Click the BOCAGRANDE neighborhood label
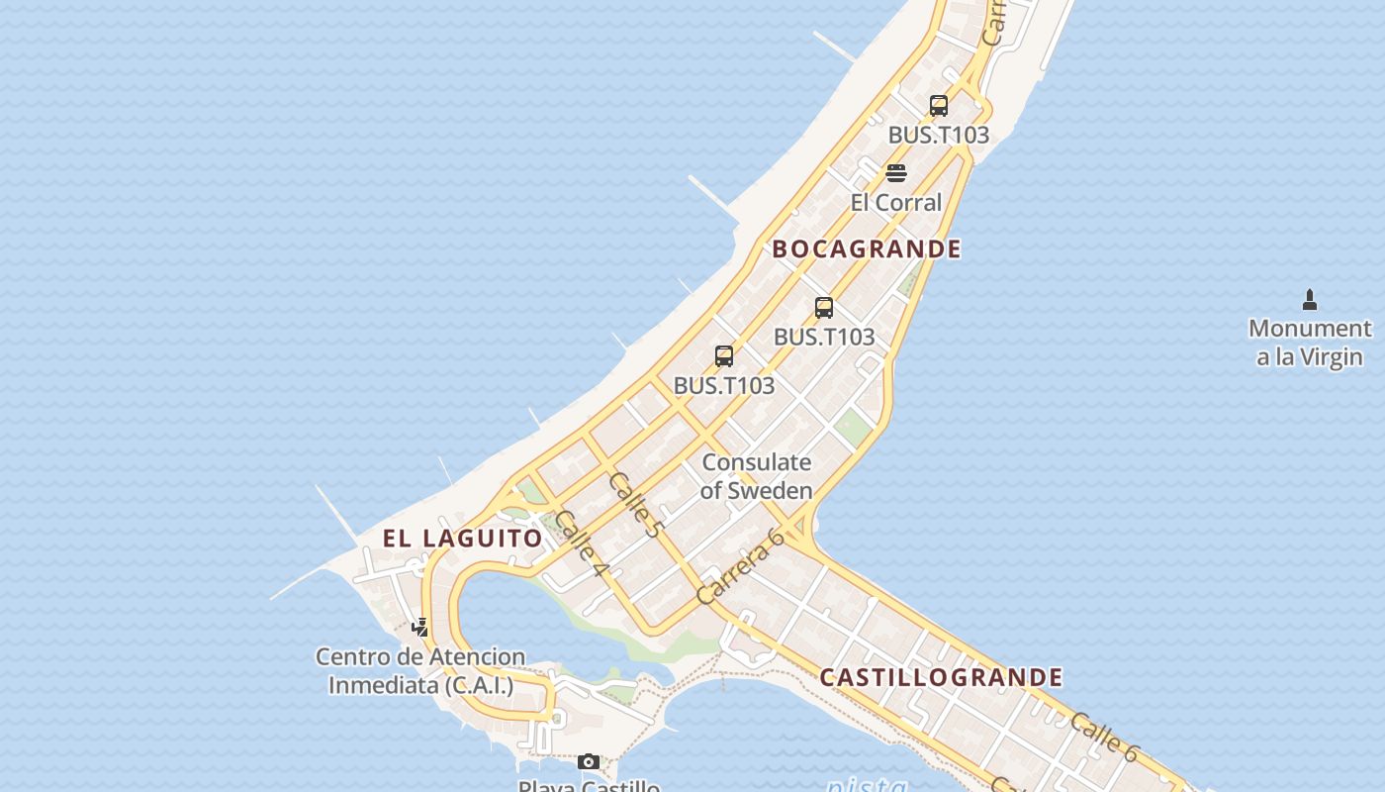867,248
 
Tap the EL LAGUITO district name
463,539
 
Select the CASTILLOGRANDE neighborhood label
941,677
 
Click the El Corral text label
896,203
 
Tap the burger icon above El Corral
896,173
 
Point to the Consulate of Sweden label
757,476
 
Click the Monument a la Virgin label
1310,343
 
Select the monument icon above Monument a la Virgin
1310,300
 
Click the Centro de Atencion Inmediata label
420,670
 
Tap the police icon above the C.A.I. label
420,627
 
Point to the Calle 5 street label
634,505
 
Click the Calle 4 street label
580,544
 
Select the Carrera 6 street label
740,565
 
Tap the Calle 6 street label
1103,737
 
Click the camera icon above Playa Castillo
589,761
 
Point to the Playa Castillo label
589,786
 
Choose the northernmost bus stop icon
939,105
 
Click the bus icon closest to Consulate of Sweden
724,355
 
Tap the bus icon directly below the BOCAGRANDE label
824,307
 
